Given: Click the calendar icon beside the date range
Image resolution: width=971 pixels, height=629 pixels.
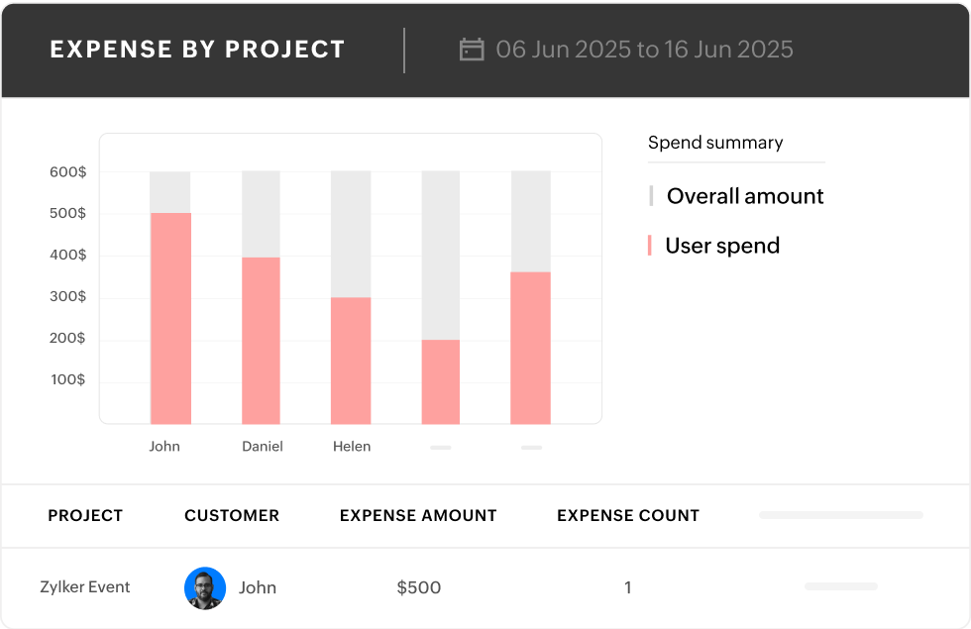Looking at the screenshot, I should [x=472, y=50].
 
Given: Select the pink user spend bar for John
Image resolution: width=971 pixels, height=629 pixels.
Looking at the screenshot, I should [x=170, y=318].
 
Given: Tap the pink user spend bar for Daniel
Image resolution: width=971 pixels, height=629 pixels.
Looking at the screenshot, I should [x=262, y=340].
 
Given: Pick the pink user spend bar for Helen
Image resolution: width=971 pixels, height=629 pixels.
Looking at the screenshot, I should [x=351, y=361].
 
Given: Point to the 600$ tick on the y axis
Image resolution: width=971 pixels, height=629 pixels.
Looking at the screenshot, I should [x=68, y=172].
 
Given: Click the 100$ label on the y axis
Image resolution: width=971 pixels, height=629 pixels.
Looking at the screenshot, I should [x=68, y=380].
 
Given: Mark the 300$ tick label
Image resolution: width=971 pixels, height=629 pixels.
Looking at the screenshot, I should [x=68, y=297].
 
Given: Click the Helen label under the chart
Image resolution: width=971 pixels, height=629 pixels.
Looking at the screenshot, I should [x=352, y=447].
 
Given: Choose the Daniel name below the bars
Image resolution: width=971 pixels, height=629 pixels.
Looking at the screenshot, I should [x=263, y=447].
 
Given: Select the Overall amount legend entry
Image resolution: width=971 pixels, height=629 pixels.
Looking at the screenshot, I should [x=744, y=196].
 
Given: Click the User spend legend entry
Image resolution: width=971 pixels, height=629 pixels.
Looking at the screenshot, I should [x=721, y=246].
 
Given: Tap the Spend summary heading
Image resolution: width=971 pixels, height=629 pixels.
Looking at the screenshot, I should [x=715, y=143].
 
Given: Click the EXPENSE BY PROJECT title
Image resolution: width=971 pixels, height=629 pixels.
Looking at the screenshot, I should [x=198, y=50].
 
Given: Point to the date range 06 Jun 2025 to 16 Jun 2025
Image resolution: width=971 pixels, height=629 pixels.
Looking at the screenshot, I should [x=644, y=50].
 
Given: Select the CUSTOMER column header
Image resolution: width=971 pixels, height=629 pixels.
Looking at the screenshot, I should [x=232, y=515].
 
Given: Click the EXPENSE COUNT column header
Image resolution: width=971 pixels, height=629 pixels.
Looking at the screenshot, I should [x=628, y=515].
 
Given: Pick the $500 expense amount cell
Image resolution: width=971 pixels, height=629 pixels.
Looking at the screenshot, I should [x=419, y=587].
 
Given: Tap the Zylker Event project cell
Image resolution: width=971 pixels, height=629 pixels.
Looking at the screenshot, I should [x=85, y=587].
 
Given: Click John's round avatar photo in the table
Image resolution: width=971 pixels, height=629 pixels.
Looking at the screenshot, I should [x=205, y=587].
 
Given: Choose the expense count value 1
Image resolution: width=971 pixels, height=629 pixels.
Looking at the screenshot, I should [x=627, y=587].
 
